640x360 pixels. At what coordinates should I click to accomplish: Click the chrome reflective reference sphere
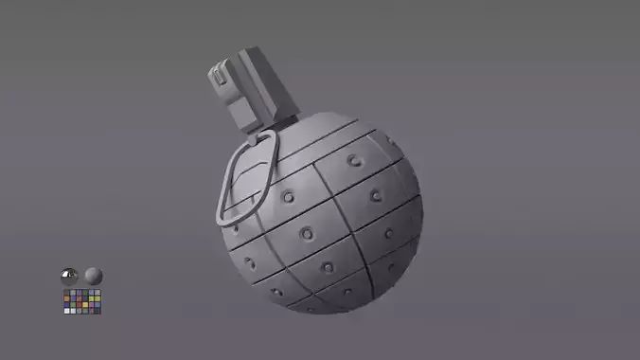point(68,276)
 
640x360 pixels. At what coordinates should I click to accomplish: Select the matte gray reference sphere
point(93,276)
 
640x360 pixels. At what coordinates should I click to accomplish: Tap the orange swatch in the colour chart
point(66,298)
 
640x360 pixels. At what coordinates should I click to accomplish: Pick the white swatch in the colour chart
point(66,311)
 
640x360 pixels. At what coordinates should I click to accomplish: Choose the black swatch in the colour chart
point(98,311)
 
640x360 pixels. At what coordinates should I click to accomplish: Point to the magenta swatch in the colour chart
point(91,305)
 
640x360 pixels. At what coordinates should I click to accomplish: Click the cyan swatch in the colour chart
point(98,305)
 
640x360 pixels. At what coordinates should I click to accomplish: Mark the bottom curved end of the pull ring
point(226,218)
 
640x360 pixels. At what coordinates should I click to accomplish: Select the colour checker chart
point(81,302)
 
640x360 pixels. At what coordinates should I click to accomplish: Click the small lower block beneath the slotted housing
point(242,114)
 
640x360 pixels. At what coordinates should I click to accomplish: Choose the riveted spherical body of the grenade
point(331,227)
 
